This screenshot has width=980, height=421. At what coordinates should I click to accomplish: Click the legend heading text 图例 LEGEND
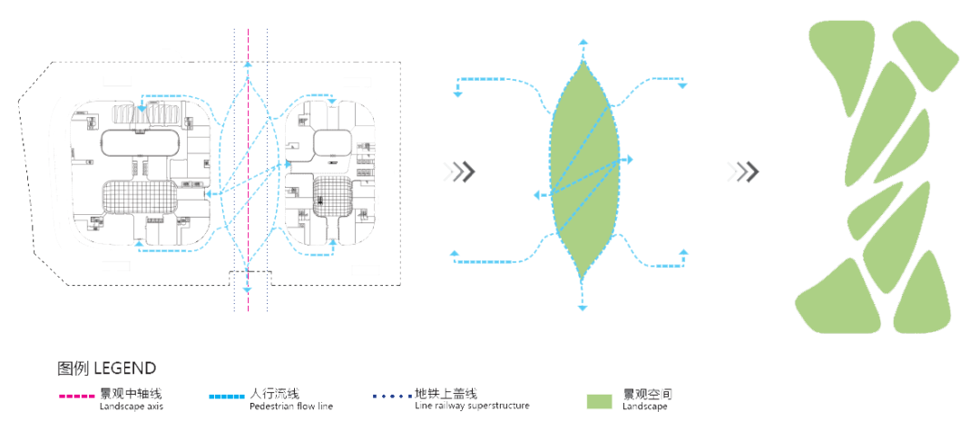click(x=106, y=368)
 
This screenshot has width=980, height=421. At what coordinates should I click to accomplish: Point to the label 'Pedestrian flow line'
click(x=290, y=406)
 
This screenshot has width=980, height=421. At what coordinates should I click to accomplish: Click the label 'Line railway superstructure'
click(x=472, y=406)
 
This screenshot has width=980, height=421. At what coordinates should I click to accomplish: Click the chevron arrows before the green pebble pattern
click(x=747, y=171)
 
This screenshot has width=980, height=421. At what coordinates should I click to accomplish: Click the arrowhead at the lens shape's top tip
click(x=583, y=42)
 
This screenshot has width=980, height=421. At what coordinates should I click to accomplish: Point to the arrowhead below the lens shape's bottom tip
click(x=583, y=308)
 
